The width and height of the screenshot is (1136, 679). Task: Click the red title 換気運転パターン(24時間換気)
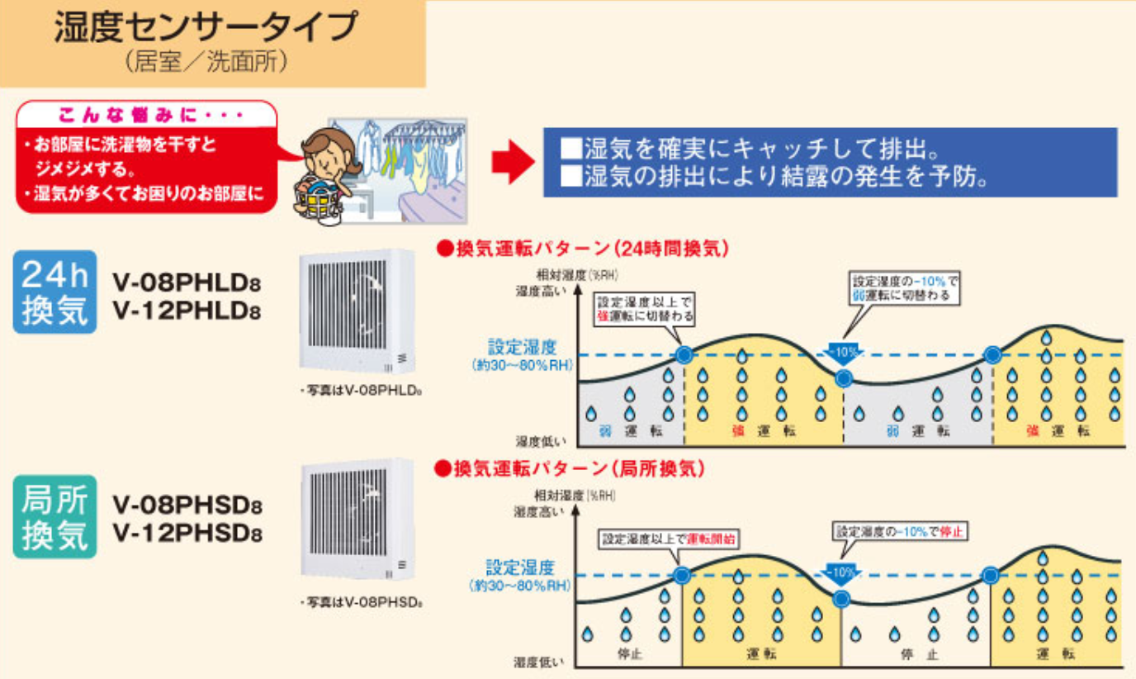coord(585,247)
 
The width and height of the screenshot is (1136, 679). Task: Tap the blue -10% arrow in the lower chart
coord(840,572)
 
